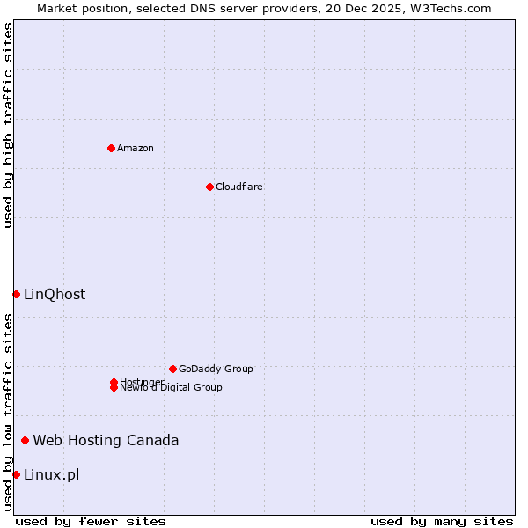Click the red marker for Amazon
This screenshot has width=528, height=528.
click(x=111, y=148)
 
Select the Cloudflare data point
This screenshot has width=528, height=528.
click(x=209, y=187)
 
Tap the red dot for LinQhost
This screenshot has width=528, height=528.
click(x=16, y=294)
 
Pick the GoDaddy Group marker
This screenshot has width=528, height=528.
click(x=172, y=369)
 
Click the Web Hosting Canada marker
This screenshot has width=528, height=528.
click(x=25, y=440)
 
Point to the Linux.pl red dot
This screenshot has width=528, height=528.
click(x=16, y=475)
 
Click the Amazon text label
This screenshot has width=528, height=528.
click(x=136, y=148)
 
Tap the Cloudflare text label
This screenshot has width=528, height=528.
click(x=239, y=187)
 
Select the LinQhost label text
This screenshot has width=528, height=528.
click(x=55, y=294)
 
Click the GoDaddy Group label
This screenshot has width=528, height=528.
click(x=216, y=369)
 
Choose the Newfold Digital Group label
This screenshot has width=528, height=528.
click(x=172, y=388)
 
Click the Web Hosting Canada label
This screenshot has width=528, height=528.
click(x=106, y=440)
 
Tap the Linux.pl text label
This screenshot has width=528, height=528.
click(x=51, y=475)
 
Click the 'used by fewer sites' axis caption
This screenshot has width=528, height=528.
click(x=91, y=521)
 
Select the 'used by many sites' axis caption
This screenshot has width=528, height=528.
click(x=442, y=521)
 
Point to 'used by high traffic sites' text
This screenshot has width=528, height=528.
click(x=8, y=125)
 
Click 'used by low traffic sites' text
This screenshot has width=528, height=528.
click(x=8, y=412)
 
